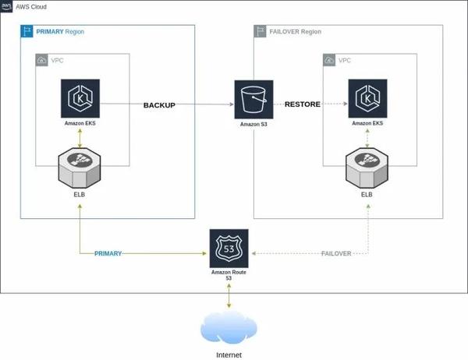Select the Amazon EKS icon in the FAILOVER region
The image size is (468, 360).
click(x=367, y=99)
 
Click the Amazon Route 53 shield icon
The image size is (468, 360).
click(x=229, y=247)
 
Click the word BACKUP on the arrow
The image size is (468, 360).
click(x=159, y=104)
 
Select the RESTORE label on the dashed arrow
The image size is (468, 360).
click(x=302, y=104)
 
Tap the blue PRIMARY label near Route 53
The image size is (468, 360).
click(x=108, y=254)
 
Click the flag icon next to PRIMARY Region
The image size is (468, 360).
click(x=27, y=32)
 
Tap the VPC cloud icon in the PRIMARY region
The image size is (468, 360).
click(x=42, y=60)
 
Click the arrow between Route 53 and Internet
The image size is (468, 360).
click(x=229, y=297)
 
